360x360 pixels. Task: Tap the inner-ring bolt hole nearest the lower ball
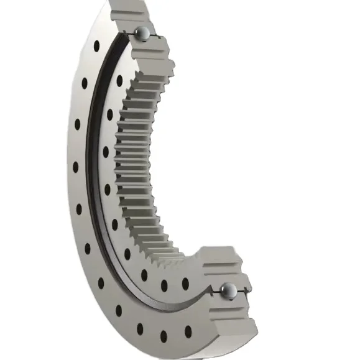[x=185, y=284]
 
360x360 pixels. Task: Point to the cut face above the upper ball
[x=131, y=12]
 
